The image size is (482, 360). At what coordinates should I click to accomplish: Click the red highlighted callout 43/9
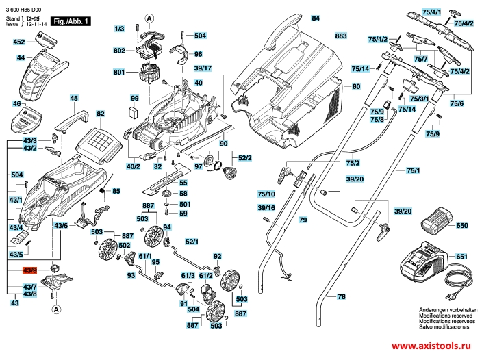click(x=30, y=271)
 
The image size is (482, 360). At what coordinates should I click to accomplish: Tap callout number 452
click(x=19, y=42)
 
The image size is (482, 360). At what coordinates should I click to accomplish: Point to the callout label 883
click(x=340, y=35)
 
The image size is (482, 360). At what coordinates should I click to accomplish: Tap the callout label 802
click(x=119, y=51)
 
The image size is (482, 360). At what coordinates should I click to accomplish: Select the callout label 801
click(x=119, y=72)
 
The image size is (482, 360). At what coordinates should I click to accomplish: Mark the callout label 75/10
click(x=266, y=194)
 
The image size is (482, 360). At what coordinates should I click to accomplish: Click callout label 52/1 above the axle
click(x=191, y=242)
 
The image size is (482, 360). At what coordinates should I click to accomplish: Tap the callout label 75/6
click(x=457, y=103)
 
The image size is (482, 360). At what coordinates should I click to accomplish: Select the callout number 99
click(x=135, y=99)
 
